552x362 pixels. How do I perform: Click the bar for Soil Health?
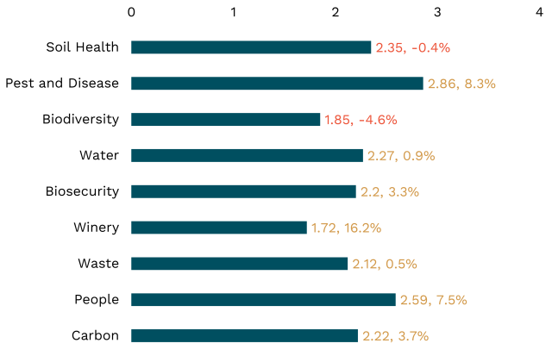coord(251,47)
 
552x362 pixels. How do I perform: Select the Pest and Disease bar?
coord(277,84)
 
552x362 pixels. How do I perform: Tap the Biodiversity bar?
coord(225,120)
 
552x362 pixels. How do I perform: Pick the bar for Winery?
coord(219,228)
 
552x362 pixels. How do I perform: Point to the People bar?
coord(263,300)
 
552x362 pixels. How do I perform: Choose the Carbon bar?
coord(244,335)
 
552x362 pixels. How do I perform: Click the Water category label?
coord(99,156)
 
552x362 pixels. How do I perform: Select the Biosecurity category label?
coord(82,191)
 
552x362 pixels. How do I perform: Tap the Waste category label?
coord(97,264)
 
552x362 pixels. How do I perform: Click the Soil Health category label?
coord(83,47)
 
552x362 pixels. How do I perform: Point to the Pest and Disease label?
coord(62,84)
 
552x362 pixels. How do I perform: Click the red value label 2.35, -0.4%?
coord(413,47)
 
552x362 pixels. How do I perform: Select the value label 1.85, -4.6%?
coord(361,120)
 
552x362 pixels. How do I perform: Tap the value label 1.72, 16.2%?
coord(346,228)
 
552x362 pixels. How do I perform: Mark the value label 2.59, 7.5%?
coord(433,300)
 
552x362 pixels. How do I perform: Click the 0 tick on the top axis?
coord(131,12)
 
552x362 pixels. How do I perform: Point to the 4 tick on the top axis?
coord(539,12)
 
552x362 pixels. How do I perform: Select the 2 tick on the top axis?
coord(336,12)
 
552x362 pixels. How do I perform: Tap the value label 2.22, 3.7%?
coord(395,335)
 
